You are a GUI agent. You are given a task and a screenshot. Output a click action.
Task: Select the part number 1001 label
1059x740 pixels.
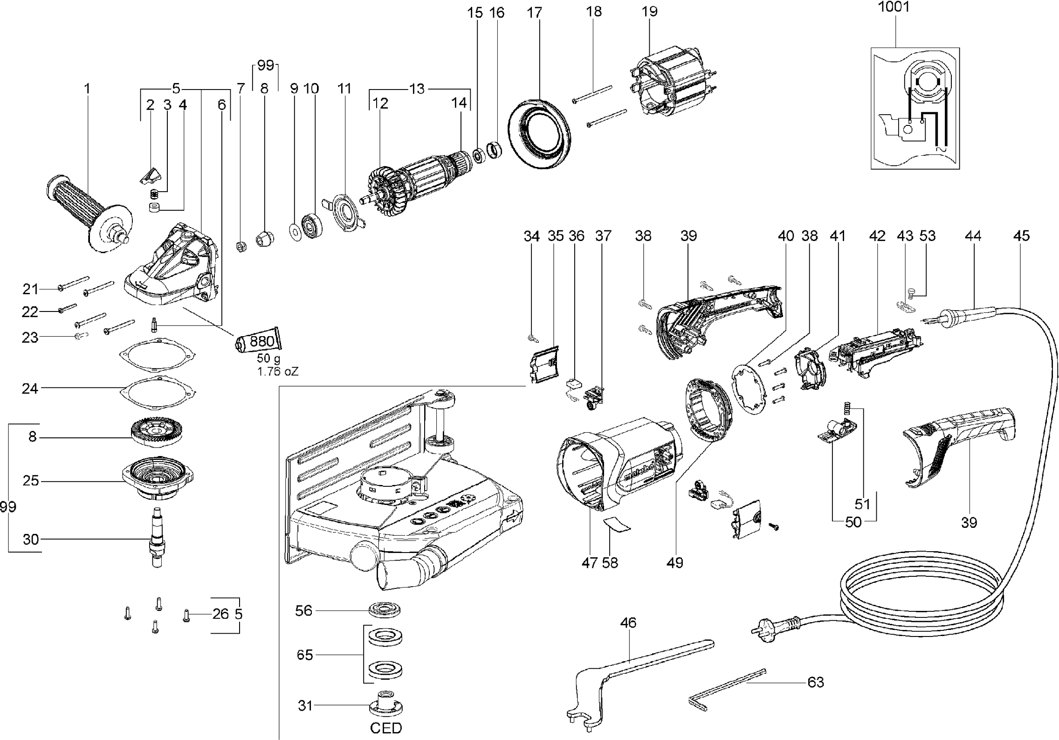894,7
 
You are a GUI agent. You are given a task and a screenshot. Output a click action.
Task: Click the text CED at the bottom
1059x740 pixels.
386,727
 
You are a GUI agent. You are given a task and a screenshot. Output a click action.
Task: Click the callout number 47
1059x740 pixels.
590,563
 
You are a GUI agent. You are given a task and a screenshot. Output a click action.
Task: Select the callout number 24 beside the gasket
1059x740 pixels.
30,388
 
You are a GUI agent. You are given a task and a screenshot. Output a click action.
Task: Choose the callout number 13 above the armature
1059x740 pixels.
417,89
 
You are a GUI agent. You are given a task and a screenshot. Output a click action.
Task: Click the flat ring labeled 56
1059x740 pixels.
385,609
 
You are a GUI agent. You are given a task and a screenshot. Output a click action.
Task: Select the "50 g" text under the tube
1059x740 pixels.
268,359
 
